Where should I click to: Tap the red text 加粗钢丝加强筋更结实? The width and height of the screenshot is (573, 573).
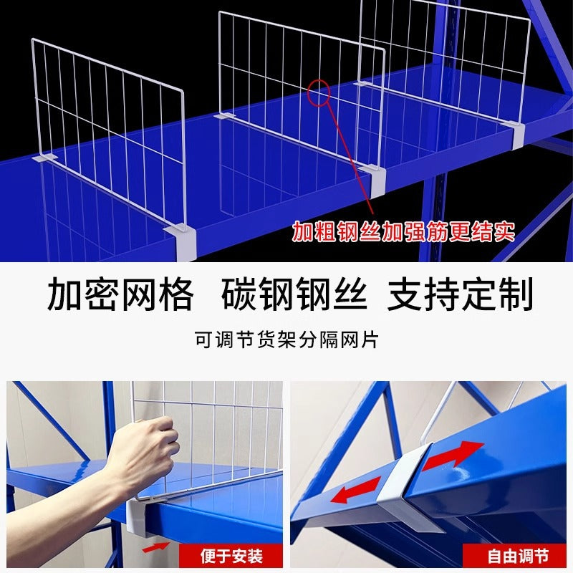(x=403, y=231)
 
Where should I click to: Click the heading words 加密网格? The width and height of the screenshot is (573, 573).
(x=120, y=294)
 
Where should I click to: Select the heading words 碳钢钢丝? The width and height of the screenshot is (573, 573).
(x=294, y=294)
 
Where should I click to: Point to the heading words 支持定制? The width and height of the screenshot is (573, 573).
(x=460, y=294)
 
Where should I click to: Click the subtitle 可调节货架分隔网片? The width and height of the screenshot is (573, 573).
(x=286, y=340)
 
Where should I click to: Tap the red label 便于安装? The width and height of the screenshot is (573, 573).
(x=231, y=556)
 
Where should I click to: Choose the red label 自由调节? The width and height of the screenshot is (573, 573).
(x=518, y=556)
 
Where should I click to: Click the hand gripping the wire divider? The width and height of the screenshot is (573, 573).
(x=143, y=450)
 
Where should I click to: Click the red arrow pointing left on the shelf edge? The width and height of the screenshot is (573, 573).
(x=357, y=490)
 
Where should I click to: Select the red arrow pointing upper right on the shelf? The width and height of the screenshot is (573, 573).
(x=453, y=455)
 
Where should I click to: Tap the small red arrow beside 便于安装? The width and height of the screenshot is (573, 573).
(x=156, y=547)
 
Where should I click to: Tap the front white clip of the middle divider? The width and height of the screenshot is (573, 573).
(x=374, y=180)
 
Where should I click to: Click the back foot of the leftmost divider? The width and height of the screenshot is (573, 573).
(x=45, y=158)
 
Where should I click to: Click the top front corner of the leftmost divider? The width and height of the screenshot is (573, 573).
(x=182, y=90)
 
